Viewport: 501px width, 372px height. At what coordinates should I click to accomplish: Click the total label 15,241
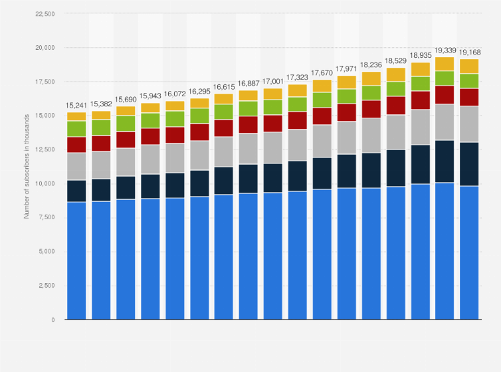(x=76, y=106)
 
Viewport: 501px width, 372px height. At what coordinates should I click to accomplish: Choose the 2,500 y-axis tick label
(x=46, y=285)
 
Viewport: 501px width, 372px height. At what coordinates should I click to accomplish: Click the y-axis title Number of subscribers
(x=27, y=166)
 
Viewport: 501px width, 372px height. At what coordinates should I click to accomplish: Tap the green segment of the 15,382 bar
(x=101, y=128)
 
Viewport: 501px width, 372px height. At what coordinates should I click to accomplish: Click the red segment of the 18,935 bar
(x=421, y=100)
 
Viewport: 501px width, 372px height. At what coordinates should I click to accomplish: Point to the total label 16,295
(x=199, y=92)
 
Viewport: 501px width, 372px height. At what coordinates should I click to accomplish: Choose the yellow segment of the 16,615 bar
(x=224, y=99)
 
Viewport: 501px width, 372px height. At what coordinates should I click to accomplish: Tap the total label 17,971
(x=347, y=69)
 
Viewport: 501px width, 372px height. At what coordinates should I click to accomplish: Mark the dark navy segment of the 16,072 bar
(x=175, y=185)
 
